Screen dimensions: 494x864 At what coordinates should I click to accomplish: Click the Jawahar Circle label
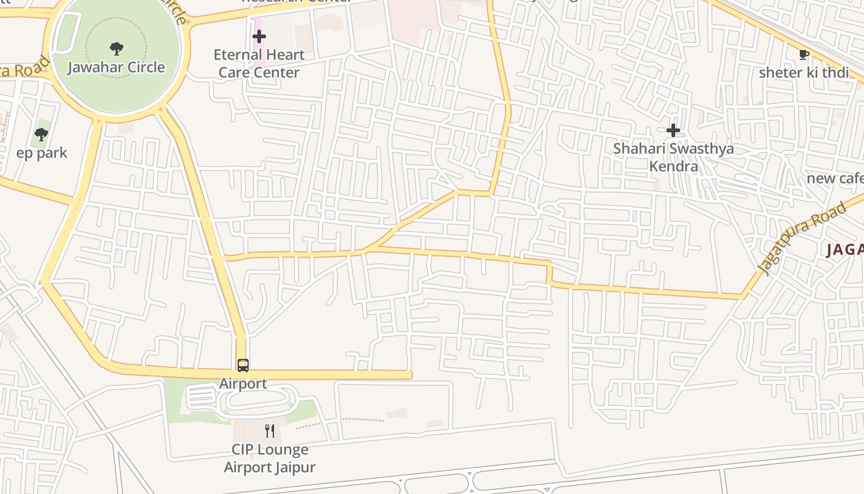pos(116,67)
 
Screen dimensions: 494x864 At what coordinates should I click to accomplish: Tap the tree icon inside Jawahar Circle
pos(116,48)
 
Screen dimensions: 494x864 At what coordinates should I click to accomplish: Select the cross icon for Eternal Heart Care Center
pos(259,36)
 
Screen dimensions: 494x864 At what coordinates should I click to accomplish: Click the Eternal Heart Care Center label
pos(259,64)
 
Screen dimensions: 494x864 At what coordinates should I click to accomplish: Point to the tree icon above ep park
pos(41,134)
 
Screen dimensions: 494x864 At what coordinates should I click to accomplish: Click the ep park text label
pos(42,153)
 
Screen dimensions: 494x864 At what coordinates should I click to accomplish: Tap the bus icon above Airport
pos(243,365)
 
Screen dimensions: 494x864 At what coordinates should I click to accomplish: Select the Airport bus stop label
pos(243,383)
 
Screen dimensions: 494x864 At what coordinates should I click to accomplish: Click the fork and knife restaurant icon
pos(269,430)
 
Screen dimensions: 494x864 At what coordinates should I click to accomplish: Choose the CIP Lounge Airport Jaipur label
pos(269,458)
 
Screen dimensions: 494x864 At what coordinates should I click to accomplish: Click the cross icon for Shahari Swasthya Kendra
pos(673,130)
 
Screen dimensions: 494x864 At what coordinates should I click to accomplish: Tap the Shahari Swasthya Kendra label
pos(673,157)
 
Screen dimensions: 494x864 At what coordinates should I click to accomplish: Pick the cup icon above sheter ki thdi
pos(804,54)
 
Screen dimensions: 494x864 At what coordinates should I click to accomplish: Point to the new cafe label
pos(834,178)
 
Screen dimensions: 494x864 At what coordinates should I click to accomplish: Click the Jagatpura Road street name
pos(802,238)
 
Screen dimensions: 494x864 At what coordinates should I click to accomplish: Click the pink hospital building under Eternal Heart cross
pos(259,56)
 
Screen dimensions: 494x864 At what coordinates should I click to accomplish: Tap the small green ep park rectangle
pos(41,126)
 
